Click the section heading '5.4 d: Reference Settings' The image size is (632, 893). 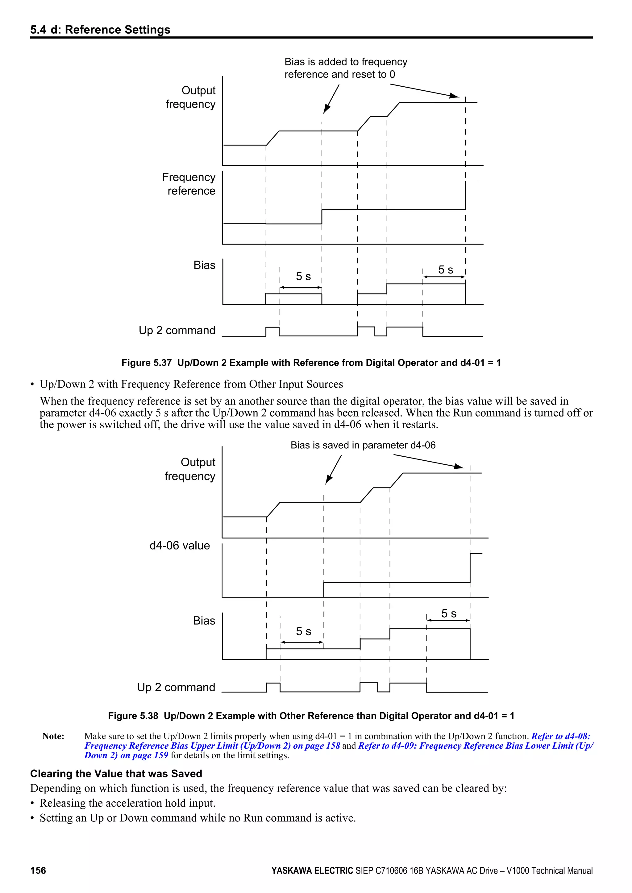click(100, 30)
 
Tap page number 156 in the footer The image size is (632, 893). click(38, 870)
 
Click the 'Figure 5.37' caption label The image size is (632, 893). click(146, 363)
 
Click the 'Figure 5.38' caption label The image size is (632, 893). click(133, 716)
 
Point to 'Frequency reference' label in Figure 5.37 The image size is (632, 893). click(189, 184)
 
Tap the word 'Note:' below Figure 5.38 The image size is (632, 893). click(53, 736)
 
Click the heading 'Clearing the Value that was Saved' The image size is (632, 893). click(116, 774)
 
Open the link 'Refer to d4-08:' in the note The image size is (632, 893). click(560, 736)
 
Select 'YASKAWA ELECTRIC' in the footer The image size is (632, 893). click(312, 870)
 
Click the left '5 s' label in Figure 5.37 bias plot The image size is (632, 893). click(303, 276)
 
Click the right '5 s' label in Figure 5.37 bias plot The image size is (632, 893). click(446, 270)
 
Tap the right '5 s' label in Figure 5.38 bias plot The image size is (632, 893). click(448, 613)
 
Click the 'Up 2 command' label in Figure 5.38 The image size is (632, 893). click(176, 687)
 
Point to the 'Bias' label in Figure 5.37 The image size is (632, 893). click(204, 265)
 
